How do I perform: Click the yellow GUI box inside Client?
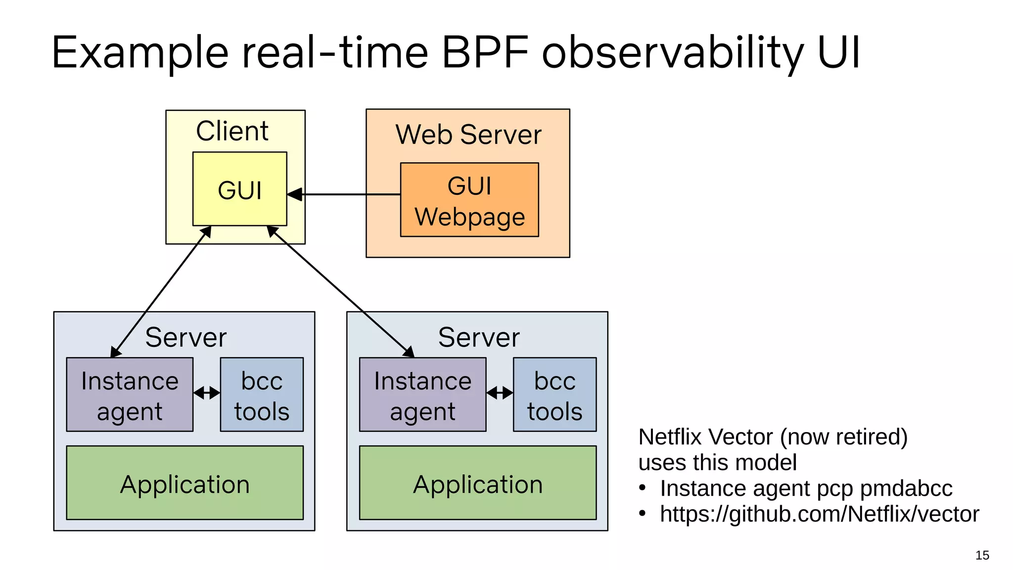tap(239, 189)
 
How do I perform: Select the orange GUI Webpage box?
tap(469, 200)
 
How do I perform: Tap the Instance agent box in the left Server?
tap(130, 395)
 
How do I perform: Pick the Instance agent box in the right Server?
tap(422, 395)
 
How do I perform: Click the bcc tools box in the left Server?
tap(262, 395)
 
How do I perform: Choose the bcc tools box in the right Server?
tap(554, 395)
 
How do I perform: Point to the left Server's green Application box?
tap(184, 483)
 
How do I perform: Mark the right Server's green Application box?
tap(477, 483)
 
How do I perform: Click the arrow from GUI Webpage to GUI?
tap(346, 194)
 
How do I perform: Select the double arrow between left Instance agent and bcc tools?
tap(207, 393)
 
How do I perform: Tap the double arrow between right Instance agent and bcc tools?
tap(500, 393)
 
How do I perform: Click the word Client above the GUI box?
tap(232, 131)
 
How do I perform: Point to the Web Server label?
tap(468, 135)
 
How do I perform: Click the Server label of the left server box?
tap(185, 337)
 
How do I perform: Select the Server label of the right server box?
tap(478, 337)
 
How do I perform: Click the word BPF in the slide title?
tap(485, 52)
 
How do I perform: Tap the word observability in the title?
tap(673, 52)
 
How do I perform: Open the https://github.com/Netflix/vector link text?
tap(819, 514)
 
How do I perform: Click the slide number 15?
tap(982, 555)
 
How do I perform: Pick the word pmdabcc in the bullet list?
tap(906, 488)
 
